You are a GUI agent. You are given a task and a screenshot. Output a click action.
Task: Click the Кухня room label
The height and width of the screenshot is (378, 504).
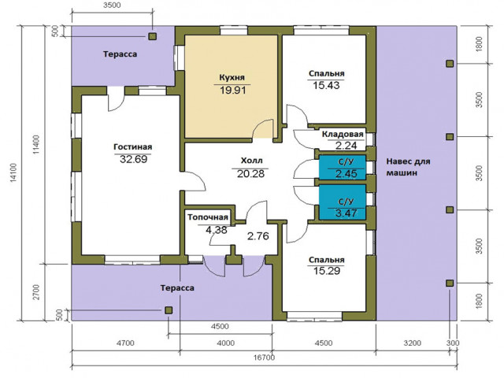[x=232, y=77]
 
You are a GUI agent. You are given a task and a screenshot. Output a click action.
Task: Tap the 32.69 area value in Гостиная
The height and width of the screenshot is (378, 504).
[x=133, y=159]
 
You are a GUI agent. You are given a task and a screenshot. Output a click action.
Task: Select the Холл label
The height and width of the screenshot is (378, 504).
[x=252, y=161]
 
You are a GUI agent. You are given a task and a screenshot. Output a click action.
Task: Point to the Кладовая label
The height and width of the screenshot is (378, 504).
[x=343, y=134]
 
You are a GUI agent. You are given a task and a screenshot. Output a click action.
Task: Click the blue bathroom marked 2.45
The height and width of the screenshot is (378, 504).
[x=343, y=168]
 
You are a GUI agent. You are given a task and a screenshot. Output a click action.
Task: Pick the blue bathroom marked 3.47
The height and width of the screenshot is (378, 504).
[x=343, y=202]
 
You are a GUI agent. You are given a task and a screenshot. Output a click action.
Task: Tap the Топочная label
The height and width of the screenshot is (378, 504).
[x=208, y=217]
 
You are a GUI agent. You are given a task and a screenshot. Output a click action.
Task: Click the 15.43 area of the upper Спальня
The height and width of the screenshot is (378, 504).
[x=326, y=85]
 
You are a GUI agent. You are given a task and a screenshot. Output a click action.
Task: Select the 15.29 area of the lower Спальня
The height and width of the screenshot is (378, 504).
[x=327, y=271]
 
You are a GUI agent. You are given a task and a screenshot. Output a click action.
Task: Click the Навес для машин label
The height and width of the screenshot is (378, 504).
[x=408, y=167]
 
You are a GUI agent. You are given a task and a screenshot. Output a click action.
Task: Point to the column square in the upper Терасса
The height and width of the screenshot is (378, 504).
[x=152, y=36]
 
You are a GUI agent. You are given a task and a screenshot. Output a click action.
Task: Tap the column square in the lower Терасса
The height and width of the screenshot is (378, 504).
[x=169, y=310]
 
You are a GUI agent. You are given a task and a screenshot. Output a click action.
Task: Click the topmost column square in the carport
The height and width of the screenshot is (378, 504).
[x=450, y=64]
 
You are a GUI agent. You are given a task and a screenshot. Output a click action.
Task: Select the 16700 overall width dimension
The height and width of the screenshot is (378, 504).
[x=264, y=358]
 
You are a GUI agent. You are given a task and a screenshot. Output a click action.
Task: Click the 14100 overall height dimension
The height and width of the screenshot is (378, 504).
[x=13, y=173]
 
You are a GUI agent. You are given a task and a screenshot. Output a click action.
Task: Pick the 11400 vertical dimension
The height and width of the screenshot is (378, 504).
[x=36, y=145]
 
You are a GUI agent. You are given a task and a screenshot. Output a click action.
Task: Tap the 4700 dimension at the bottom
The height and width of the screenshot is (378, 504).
[x=125, y=343]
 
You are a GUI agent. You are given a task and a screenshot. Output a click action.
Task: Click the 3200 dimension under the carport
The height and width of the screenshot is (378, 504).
[x=412, y=343]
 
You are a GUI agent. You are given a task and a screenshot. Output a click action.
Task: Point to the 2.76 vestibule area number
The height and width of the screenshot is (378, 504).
[x=258, y=236]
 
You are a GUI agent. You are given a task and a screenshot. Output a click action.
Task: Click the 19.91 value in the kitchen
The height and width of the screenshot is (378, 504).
[x=233, y=90]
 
